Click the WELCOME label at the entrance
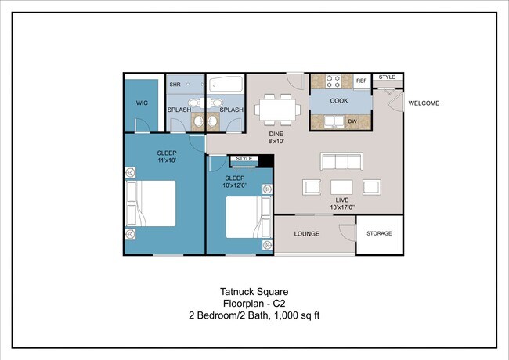tap(424, 103)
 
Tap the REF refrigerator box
tap(361, 81)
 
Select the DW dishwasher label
tap(352, 121)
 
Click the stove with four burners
tap(333, 81)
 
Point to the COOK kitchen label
tap(339, 101)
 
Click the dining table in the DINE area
tap(277, 110)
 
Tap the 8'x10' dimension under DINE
tap(276, 141)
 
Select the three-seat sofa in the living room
tap(341, 161)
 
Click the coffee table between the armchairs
tap(341, 187)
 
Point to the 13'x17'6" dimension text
tap(342, 207)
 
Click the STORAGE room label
tap(379, 233)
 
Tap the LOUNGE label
tap(306, 234)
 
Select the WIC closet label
tap(142, 103)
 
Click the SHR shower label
tap(175, 85)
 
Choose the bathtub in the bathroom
tap(226, 84)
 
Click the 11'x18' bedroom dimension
tap(167, 160)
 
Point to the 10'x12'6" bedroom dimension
tap(235, 185)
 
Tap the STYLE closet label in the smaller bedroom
tap(244, 159)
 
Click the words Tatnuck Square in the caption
tap(254, 292)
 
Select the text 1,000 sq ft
tap(297, 315)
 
